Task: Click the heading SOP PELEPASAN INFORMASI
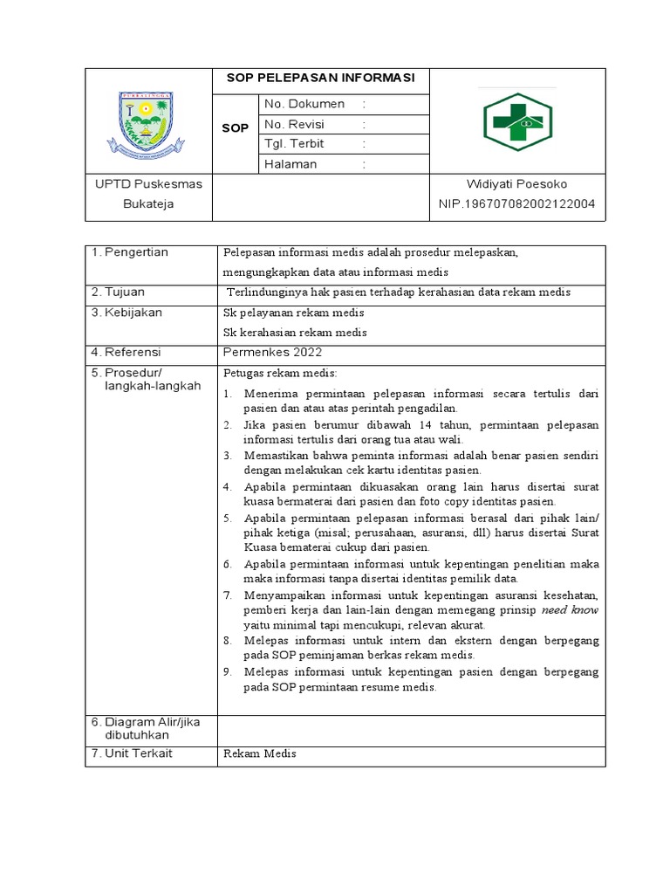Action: pos(321,79)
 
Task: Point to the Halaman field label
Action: pos(291,164)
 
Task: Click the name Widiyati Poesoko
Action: pos(517,184)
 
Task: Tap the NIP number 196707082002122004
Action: pos(517,204)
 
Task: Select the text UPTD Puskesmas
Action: pos(148,184)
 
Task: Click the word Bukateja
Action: pos(148,204)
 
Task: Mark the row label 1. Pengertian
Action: pos(130,252)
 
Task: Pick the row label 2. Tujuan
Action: pos(119,292)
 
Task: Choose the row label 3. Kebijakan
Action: pos(127,312)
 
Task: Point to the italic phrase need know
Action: pos(570,610)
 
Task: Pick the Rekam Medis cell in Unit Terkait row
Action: pos(260,754)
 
